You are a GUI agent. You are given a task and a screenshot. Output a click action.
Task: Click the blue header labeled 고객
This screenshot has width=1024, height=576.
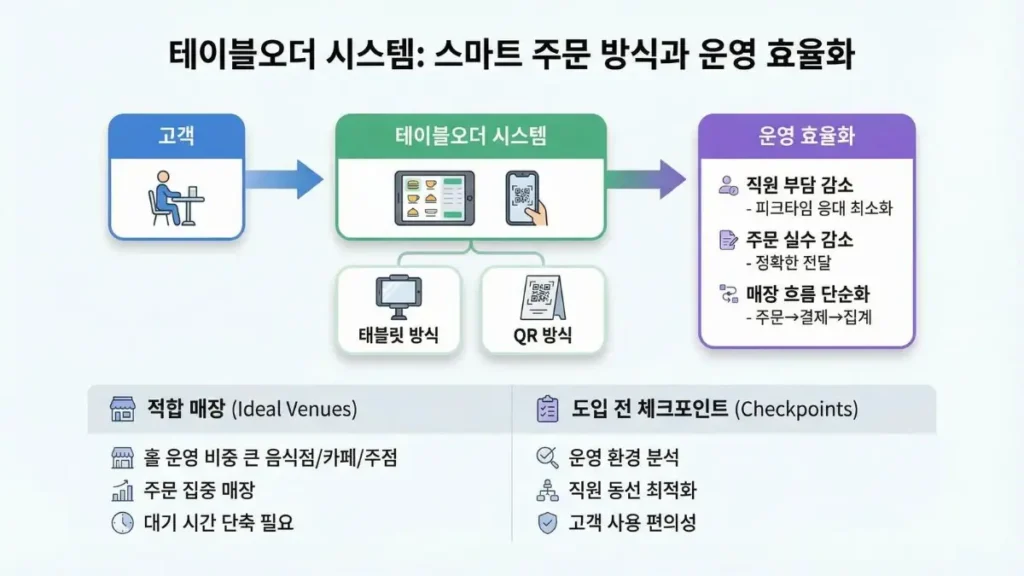coord(176,136)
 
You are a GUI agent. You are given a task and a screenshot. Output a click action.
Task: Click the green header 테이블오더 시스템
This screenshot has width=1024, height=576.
coord(470,137)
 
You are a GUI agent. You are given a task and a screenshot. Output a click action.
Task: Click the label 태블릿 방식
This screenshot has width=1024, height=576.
coord(397,334)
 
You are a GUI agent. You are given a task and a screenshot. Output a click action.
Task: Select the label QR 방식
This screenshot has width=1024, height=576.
coord(543,335)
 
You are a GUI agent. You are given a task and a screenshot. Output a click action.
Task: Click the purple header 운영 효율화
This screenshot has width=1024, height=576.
coord(806,137)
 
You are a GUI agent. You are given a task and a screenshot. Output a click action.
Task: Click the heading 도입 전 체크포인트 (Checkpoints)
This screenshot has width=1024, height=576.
coord(712,410)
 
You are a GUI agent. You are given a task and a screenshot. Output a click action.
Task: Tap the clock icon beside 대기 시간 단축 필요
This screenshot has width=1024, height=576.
coord(123,522)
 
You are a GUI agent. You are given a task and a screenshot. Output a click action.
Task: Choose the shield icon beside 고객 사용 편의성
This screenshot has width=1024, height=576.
coord(547,522)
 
